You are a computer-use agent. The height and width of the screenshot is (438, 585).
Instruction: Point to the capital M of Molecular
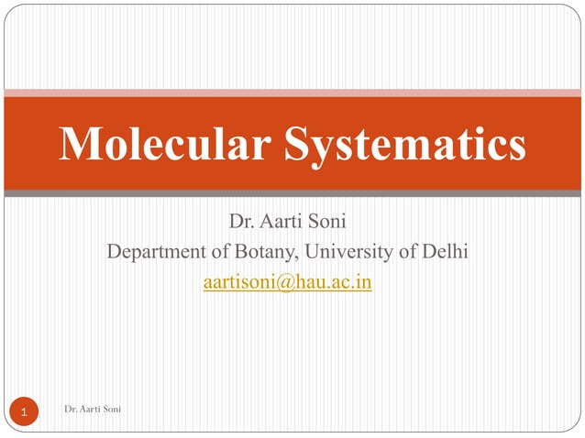[80, 143]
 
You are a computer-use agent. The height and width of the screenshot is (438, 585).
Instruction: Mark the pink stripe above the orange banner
[292, 92]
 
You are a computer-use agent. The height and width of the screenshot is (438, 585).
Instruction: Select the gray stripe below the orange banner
[292, 193]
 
